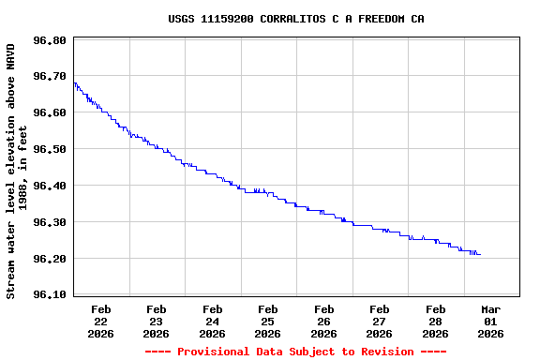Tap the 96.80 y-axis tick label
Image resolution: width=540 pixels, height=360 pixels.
(x=49, y=40)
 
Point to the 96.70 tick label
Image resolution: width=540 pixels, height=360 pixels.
(x=49, y=77)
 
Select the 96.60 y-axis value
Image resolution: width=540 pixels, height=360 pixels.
(x=49, y=113)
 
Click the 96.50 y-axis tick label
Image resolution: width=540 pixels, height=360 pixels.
(x=49, y=150)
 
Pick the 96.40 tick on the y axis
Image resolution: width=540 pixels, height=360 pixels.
(x=49, y=187)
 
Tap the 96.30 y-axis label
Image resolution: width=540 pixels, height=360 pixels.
(x=49, y=223)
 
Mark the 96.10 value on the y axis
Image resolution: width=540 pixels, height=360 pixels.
(x=49, y=295)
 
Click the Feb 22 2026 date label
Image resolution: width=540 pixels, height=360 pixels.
(x=101, y=321)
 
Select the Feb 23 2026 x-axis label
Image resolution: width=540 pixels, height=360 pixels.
(x=157, y=321)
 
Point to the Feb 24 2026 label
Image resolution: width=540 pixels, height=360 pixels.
(x=213, y=321)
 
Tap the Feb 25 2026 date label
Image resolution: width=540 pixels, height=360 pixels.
(x=268, y=321)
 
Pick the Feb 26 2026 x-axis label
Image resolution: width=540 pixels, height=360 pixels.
(x=324, y=321)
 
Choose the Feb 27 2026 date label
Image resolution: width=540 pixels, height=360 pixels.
(x=380, y=321)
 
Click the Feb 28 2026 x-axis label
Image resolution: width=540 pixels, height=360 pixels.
(x=435, y=321)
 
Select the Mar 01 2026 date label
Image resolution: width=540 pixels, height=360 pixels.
(x=491, y=321)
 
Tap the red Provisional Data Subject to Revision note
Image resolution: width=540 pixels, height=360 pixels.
(x=295, y=352)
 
